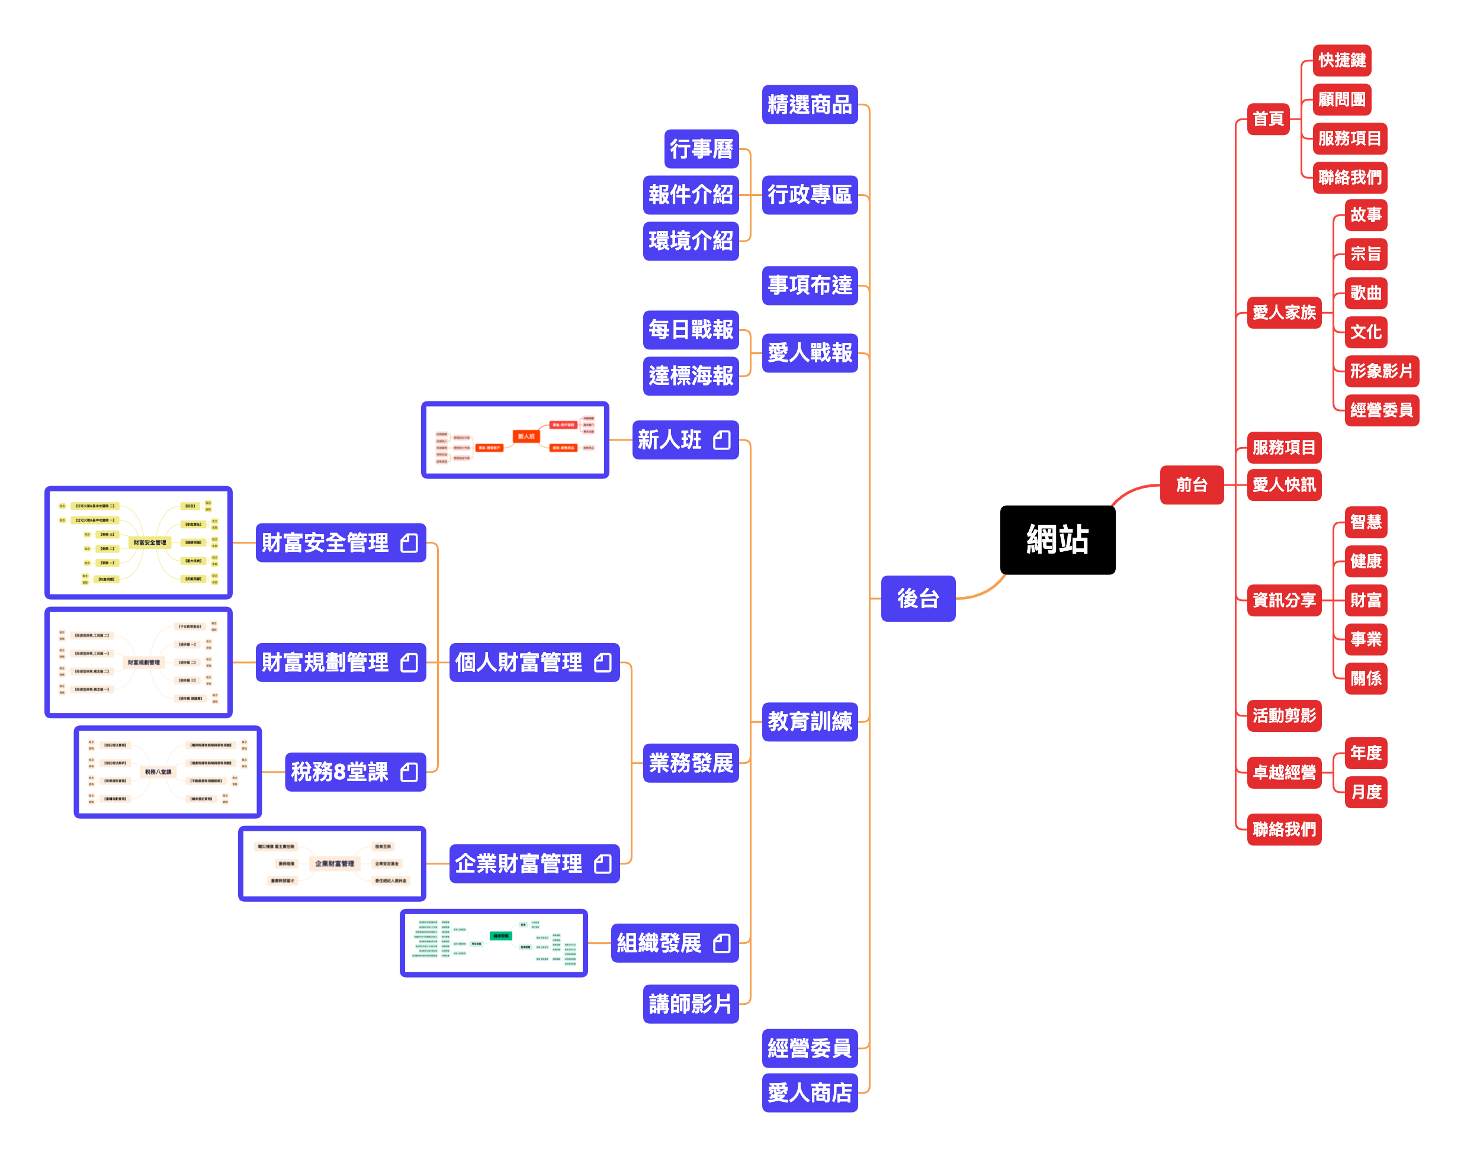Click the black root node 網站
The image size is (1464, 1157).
[1057, 540]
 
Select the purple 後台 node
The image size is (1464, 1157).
[917, 598]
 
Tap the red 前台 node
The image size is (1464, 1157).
[1191, 484]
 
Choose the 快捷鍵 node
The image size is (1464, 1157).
[1341, 60]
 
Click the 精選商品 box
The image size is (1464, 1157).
[809, 104]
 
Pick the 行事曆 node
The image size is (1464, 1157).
[701, 149]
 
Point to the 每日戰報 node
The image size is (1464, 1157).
[690, 329]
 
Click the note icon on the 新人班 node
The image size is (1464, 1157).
[721, 441]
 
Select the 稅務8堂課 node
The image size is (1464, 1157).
[354, 772]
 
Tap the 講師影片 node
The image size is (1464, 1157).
[690, 1003]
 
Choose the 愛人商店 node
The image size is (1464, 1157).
[809, 1092]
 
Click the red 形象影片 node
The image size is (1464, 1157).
[1380, 371]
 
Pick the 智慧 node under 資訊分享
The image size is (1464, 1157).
[1365, 522]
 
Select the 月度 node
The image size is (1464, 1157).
[1365, 791]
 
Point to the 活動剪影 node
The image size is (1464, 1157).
[1283, 715]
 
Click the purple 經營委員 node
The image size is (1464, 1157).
[809, 1048]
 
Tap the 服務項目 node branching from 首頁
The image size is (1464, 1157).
[1349, 138]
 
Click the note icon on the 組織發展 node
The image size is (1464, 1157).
[721, 943]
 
